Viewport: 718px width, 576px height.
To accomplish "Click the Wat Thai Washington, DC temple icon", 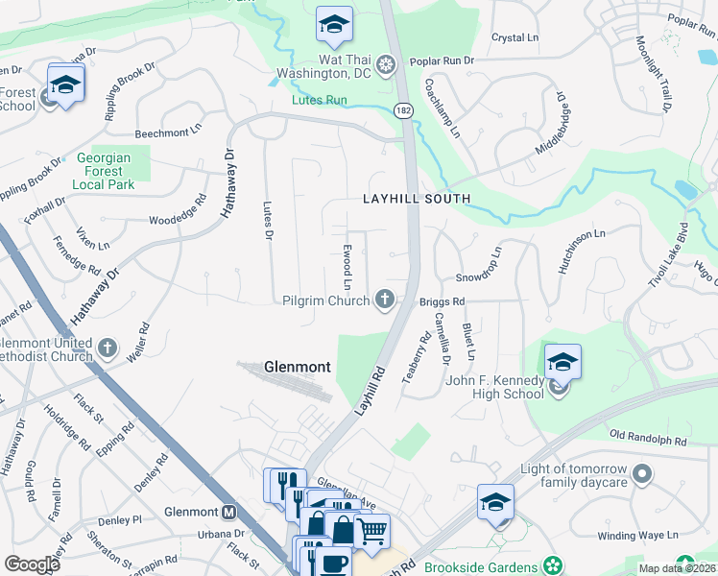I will click(x=386, y=65).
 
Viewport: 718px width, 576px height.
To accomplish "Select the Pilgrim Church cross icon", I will click(x=385, y=300).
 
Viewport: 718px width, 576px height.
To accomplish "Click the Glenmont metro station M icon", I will click(x=229, y=512).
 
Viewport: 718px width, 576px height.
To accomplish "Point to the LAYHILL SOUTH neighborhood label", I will click(x=417, y=199).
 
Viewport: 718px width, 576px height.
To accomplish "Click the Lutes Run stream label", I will click(x=320, y=99).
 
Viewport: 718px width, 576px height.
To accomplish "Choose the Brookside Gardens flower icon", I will click(x=552, y=564).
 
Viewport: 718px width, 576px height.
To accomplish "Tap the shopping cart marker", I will click(x=371, y=530).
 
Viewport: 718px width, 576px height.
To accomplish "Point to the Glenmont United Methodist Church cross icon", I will click(x=108, y=348).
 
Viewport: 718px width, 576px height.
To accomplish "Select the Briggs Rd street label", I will click(x=443, y=301).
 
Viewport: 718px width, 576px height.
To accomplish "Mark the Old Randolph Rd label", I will click(x=648, y=440).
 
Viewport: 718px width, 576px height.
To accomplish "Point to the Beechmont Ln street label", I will click(x=169, y=128).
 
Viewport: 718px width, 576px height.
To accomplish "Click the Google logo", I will click(x=33, y=564).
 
